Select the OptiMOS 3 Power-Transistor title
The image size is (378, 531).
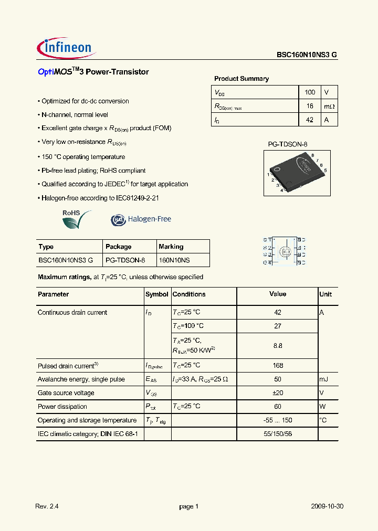click(93, 72)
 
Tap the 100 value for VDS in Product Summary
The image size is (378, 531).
click(310, 92)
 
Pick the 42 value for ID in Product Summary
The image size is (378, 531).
click(310, 120)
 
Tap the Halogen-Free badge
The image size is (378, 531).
click(141, 219)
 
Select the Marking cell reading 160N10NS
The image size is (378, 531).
click(174, 260)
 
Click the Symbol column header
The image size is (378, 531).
click(156, 294)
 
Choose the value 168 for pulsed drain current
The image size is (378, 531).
click(278, 366)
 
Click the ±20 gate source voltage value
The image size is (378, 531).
click(278, 393)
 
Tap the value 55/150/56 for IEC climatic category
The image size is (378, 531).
click(278, 434)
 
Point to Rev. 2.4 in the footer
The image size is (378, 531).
click(46, 506)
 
